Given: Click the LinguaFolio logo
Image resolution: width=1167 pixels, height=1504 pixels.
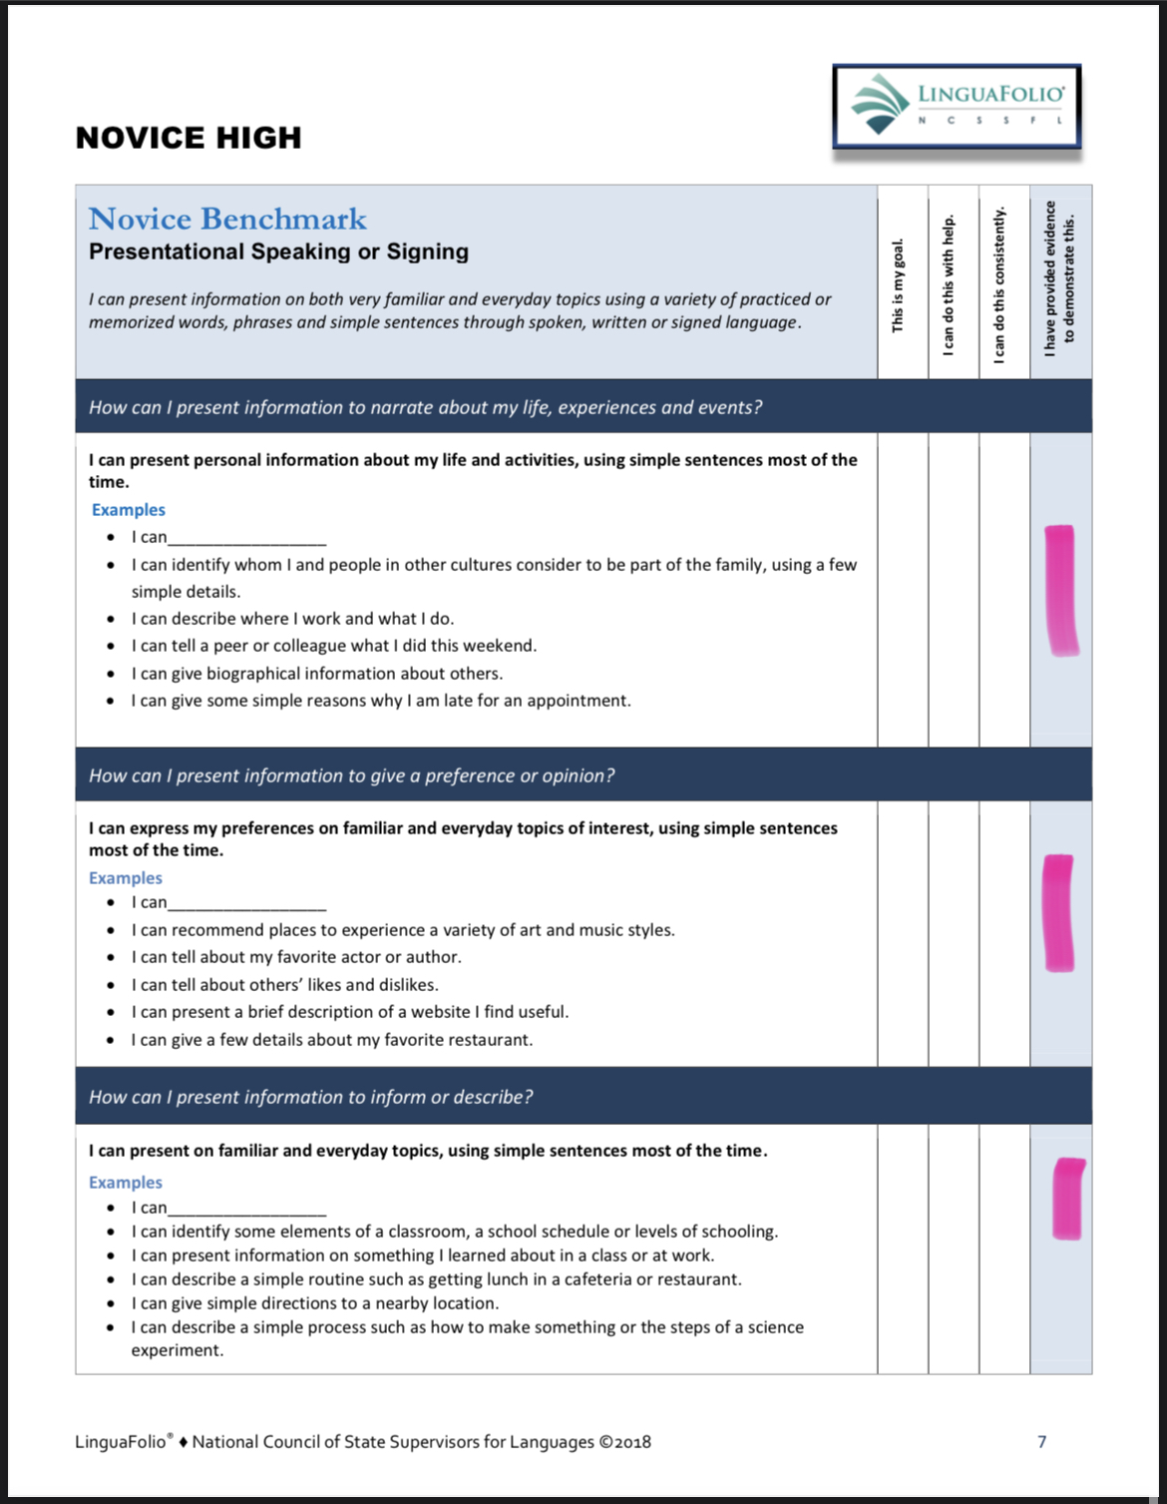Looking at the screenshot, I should point(957,106).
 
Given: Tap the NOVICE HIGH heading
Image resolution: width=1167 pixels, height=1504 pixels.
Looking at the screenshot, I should point(189,138).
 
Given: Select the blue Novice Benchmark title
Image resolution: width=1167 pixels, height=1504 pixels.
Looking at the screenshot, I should point(227,219).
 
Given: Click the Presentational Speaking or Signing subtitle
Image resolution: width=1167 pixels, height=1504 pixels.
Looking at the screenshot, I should point(278,251).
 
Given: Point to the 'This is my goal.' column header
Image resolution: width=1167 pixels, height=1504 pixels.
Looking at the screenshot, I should point(898,285).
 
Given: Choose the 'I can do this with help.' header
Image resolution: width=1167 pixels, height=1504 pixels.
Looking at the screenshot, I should point(949,285).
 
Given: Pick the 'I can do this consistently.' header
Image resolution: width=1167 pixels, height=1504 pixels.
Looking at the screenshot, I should point(999,283).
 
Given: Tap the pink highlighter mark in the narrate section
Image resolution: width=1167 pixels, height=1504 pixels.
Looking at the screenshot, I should point(1060,590).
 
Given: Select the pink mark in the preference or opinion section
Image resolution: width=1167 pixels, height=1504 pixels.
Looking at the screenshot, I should point(1058,912).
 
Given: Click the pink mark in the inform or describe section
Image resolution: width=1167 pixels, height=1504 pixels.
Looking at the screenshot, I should point(1068,1198).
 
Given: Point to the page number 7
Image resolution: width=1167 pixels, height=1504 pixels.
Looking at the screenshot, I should point(1042,1441).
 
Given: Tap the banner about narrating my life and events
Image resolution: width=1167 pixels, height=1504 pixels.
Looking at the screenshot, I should point(426,407).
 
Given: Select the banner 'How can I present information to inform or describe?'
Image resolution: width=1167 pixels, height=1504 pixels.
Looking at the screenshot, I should point(311,1097).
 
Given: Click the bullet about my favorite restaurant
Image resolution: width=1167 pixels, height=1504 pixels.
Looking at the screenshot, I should point(332,1040).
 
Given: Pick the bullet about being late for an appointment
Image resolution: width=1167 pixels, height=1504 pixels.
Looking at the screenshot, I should point(381,701).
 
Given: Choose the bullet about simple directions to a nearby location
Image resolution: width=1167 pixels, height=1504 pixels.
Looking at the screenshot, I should point(315,1303).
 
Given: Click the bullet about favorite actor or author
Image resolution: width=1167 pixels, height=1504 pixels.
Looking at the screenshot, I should point(296,957).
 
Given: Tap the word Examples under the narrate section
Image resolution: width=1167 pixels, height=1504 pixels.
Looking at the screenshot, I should point(129,510).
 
